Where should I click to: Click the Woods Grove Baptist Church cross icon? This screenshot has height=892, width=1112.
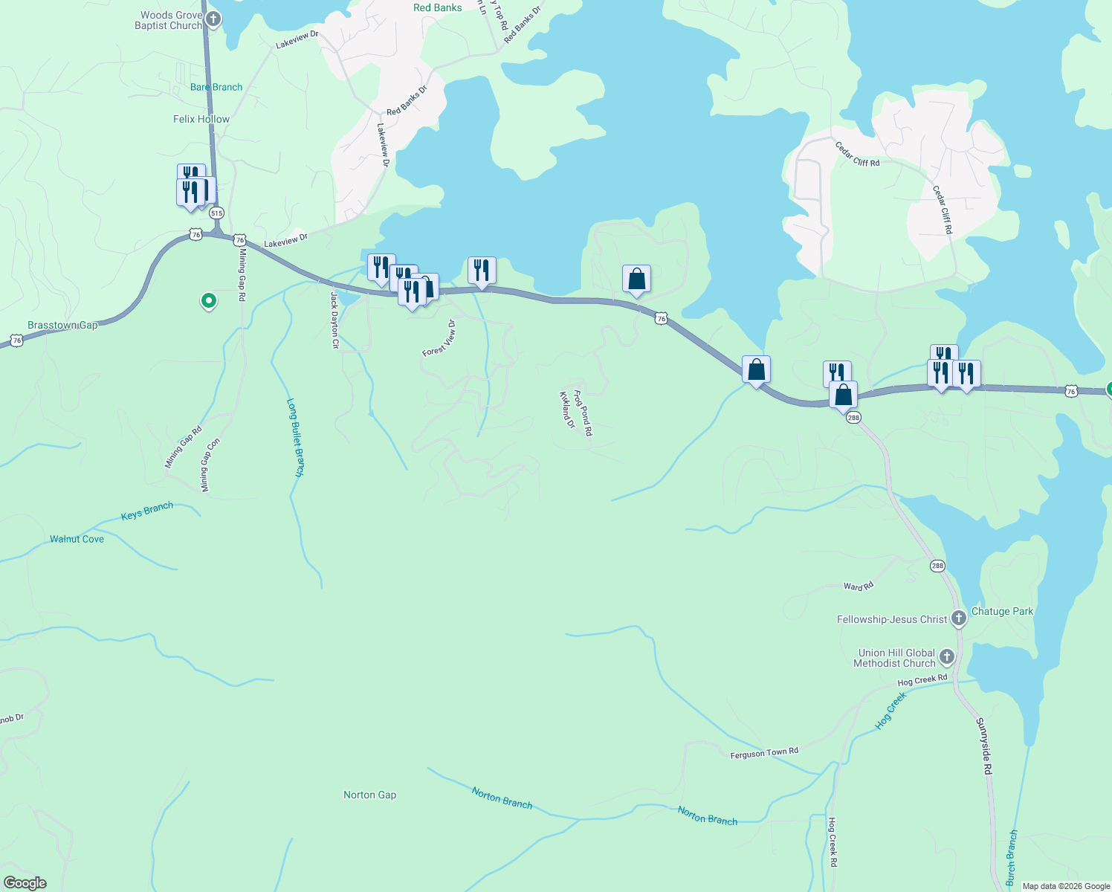(213, 19)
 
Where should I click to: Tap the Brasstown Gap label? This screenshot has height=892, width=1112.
(62, 326)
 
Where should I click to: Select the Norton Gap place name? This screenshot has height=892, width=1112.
(369, 795)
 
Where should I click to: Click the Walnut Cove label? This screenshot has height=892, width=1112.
(77, 539)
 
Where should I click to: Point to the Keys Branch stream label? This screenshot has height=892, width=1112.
(146, 511)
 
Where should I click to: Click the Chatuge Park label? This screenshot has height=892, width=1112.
(1002, 611)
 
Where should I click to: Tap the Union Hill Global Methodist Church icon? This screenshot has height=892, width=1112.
(946, 657)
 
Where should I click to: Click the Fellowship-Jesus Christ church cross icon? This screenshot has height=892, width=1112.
(958, 618)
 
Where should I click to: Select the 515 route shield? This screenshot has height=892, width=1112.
(216, 213)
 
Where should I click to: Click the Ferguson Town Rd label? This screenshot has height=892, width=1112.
(764, 753)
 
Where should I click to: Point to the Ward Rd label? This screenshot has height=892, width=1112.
(859, 586)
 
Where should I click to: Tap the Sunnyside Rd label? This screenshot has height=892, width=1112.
(984, 746)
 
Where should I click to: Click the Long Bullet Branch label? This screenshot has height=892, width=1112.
(296, 437)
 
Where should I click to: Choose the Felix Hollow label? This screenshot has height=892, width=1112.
(201, 119)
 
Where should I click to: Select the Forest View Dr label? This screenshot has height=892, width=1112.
(439, 339)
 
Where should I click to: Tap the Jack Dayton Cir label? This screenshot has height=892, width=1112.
(334, 320)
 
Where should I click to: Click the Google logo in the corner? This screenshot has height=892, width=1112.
(25, 883)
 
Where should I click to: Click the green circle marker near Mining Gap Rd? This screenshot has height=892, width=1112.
(209, 301)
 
